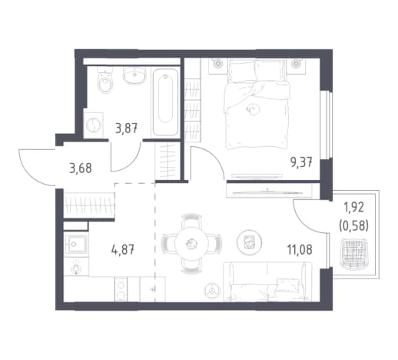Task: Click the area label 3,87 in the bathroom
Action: click(127, 128)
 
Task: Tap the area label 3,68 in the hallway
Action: click(81, 168)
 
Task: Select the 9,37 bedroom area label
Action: click(301, 162)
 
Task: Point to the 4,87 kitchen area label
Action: click(123, 249)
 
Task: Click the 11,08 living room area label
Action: click(300, 249)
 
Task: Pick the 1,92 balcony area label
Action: click(353, 208)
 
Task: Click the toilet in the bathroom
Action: click(105, 80)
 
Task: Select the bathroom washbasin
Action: click(134, 75)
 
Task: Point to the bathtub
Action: click(165, 102)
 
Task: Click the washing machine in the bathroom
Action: click(93, 125)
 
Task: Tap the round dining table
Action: click(191, 243)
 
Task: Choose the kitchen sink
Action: click(76, 244)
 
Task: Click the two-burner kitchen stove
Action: click(121, 289)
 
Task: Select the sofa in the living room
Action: click(267, 282)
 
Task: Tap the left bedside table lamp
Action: click(217, 64)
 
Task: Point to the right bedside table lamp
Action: click(296, 64)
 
